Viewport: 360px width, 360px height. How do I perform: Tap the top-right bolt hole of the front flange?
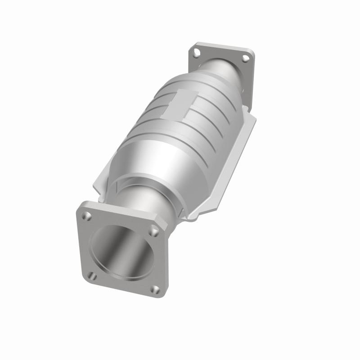(x=154, y=231)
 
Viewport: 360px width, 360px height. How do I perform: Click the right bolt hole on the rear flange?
(x=245, y=58)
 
